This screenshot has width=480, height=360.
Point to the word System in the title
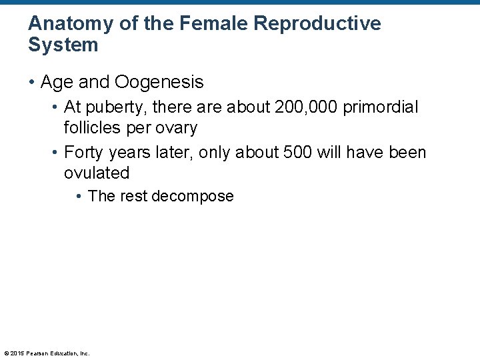point(63,45)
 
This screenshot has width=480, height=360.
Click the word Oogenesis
point(159,82)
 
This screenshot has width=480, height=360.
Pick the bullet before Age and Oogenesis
point(32,83)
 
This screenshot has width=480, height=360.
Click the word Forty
point(83,153)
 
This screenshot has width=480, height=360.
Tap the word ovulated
point(96,173)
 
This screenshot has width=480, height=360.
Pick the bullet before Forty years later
point(56,153)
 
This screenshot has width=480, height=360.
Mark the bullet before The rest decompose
point(79,197)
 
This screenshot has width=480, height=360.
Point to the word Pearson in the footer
point(35,353)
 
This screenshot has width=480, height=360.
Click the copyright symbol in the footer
point(6,353)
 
